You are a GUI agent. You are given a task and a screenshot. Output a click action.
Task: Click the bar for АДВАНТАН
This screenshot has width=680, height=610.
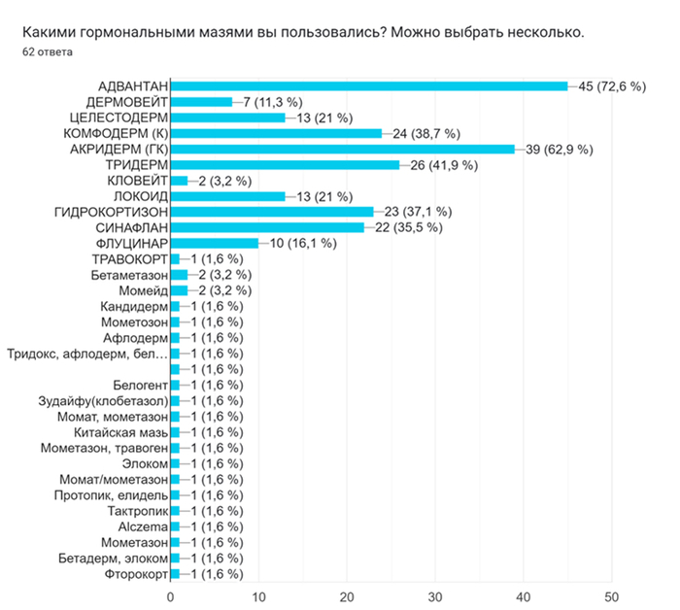pos(369,86)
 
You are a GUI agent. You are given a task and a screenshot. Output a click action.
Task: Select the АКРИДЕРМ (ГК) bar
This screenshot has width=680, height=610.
pos(342,149)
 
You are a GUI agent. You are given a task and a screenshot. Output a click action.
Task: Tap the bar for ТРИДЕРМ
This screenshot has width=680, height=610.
pos(285,164)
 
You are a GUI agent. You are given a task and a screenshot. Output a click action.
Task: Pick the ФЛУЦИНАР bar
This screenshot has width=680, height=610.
pos(214,243)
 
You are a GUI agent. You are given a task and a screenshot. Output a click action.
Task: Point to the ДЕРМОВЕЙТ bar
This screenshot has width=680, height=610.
pos(201,102)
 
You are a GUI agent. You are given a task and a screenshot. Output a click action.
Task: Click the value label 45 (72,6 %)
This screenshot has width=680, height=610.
pos(612,86)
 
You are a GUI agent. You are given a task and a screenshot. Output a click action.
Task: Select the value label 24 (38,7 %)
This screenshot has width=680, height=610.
pos(425,133)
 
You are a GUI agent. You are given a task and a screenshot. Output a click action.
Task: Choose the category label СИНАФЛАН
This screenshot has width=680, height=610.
pos(124,227)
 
